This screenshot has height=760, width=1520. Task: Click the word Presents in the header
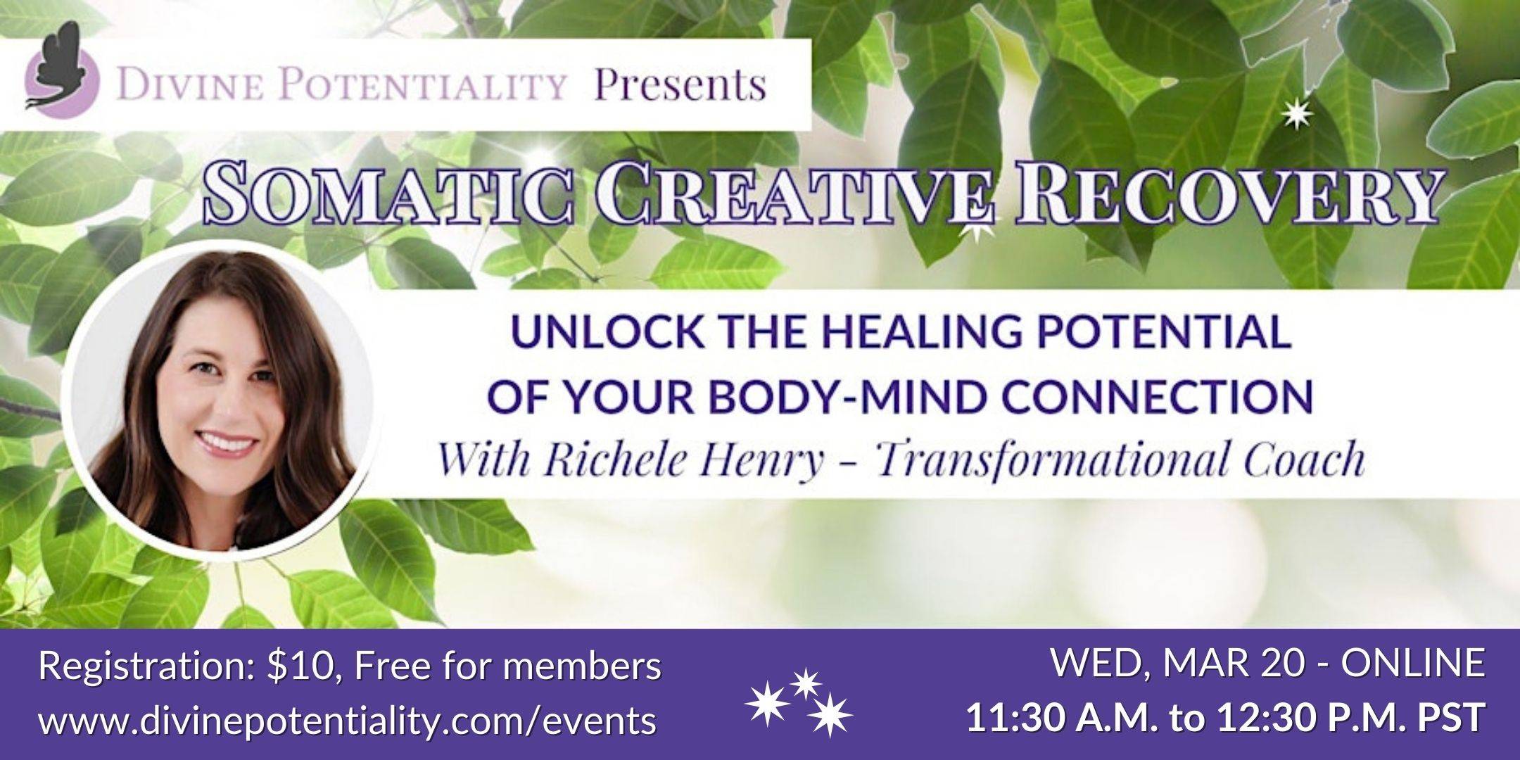pos(680,86)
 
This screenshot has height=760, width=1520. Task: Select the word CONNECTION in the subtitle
pos(1165,396)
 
